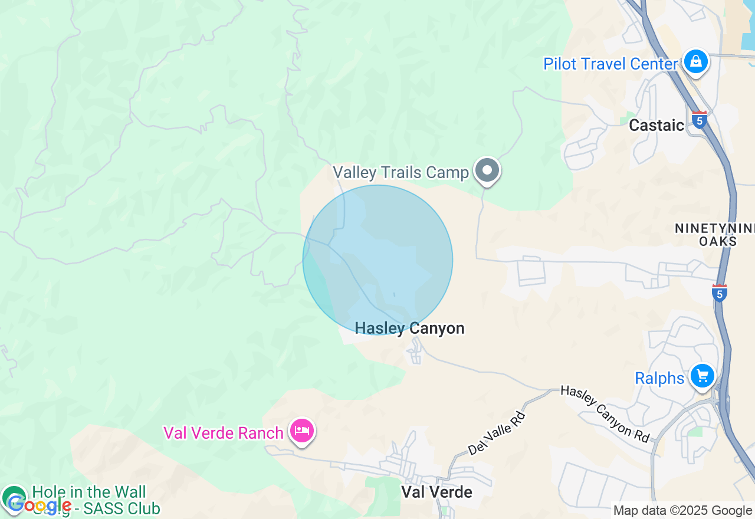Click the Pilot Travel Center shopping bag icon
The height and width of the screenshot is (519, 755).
(696, 61)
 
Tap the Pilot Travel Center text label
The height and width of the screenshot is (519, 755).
(610, 64)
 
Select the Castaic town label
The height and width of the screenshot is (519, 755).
(656, 125)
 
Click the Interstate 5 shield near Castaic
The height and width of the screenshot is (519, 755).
(700, 120)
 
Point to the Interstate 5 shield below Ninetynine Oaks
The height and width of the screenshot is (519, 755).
(719, 293)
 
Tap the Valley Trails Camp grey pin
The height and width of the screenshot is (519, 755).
(487, 170)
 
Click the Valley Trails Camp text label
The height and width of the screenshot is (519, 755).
(401, 172)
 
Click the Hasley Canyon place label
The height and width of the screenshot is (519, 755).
(409, 329)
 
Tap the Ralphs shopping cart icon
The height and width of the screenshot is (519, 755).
(702, 376)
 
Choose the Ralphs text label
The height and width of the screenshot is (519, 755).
(659, 378)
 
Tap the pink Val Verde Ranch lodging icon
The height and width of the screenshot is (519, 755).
(302, 431)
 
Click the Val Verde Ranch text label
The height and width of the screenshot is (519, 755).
(224, 433)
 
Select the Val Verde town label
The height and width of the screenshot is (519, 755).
(436, 492)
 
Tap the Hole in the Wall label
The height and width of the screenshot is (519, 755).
(88, 492)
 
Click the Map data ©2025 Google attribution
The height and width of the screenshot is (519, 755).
(682, 511)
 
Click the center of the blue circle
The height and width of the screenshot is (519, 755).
(377, 260)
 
